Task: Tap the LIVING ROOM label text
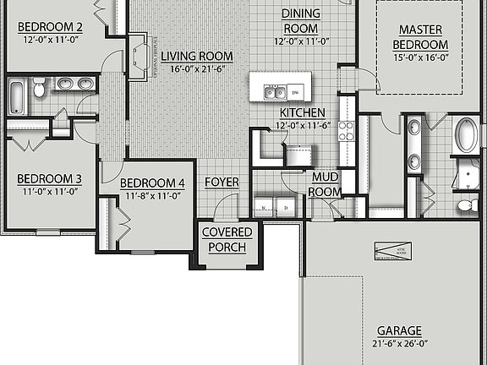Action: [x=197, y=57]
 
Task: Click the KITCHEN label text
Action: [x=301, y=112]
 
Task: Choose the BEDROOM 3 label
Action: [x=49, y=179]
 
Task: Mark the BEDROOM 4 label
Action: [x=151, y=183]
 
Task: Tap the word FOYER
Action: [x=222, y=182]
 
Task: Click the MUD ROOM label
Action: [x=326, y=184]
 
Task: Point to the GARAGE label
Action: [x=400, y=330]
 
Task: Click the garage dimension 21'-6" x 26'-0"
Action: [x=400, y=344]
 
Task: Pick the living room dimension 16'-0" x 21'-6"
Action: [x=197, y=69]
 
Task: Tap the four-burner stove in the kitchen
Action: [x=346, y=130]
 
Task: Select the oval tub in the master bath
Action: [x=465, y=136]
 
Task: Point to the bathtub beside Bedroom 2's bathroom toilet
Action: [x=17, y=95]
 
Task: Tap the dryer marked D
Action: [x=287, y=206]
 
